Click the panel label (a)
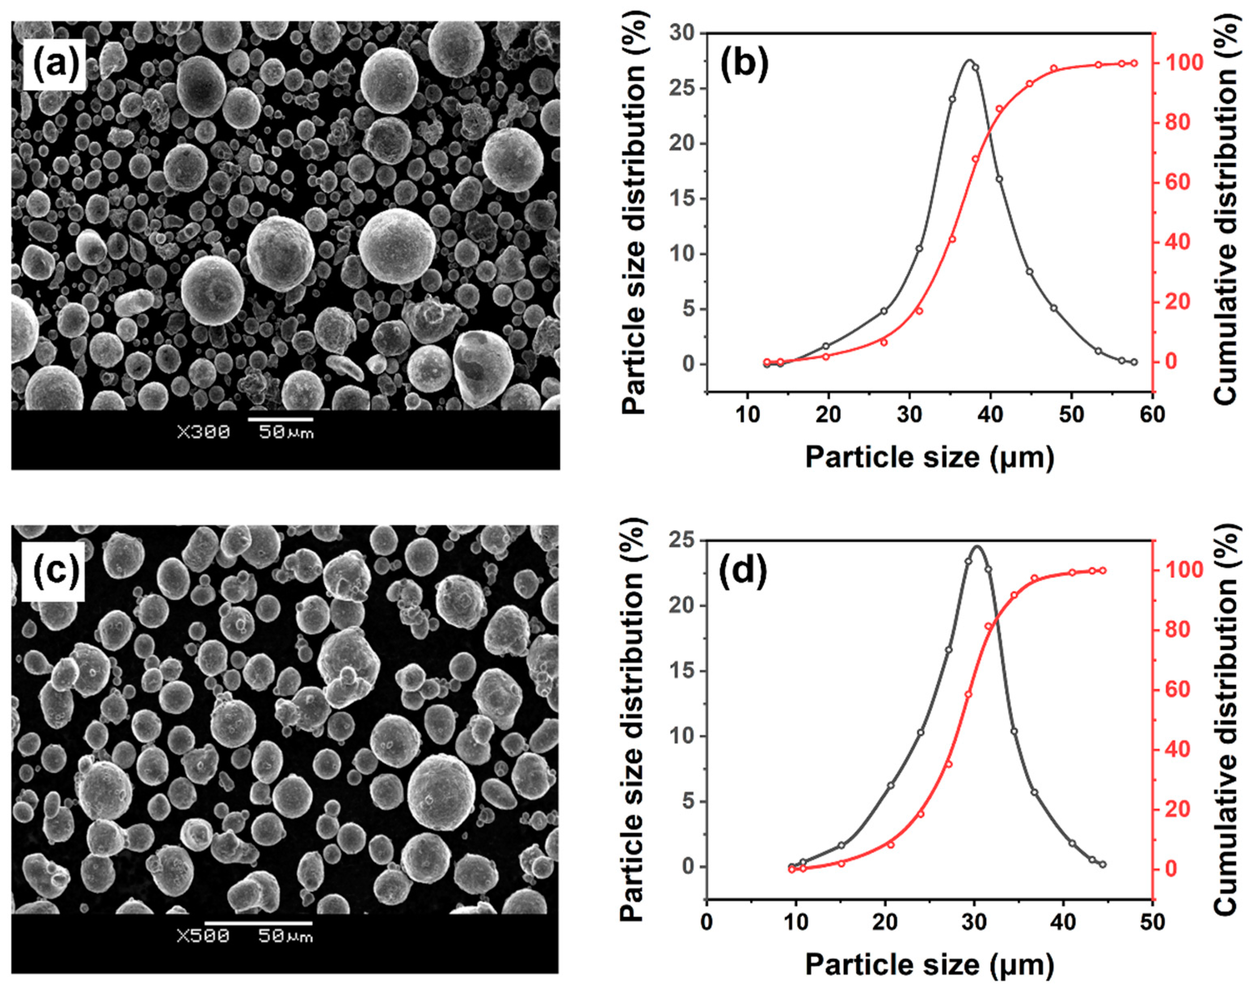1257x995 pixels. [x=55, y=65]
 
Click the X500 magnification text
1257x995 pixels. [x=203, y=936]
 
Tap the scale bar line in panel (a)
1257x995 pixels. [x=280, y=419]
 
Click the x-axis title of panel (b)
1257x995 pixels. [x=929, y=458]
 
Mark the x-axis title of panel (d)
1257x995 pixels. [x=929, y=965]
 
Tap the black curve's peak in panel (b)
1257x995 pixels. [x=969, y=60]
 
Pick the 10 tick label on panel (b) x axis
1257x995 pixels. [x=747, y=414]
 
